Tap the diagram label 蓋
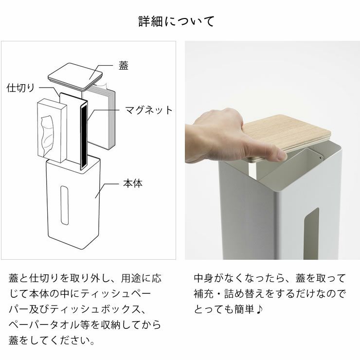(x=124, y=66)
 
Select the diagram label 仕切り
(x=20, y=88)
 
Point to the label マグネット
(x=149, y=110)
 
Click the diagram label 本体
(x=133, y=184)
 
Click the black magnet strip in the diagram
(x=84, y=135)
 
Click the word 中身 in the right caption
(x=204, y=279)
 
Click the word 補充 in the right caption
(x=204, y=294)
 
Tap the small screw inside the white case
(x=319, y=157)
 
